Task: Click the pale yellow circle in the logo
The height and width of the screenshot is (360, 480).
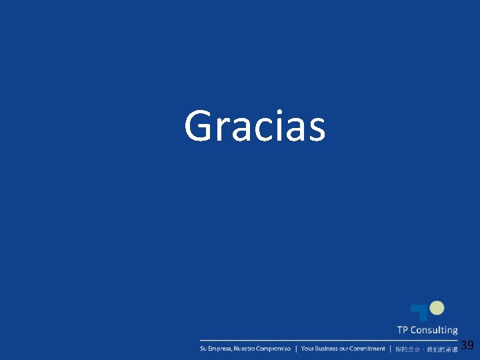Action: coord(437,307)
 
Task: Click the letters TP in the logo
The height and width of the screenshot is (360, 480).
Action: coord(403,330)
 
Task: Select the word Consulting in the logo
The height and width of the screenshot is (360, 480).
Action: coord(434,330)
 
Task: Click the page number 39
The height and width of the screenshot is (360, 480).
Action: coord(467,345)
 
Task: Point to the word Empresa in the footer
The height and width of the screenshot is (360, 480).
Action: coord(217,349)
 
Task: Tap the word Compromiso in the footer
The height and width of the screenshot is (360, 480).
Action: coord(273,349)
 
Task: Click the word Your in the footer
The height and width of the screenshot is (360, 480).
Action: coord(307,349)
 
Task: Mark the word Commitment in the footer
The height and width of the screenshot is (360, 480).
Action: coord(367,349)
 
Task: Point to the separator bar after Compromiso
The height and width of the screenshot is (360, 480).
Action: coord(296,349)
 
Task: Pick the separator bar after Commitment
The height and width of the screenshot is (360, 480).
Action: coord(390,349)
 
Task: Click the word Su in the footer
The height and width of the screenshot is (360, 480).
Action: coord(203,349)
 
